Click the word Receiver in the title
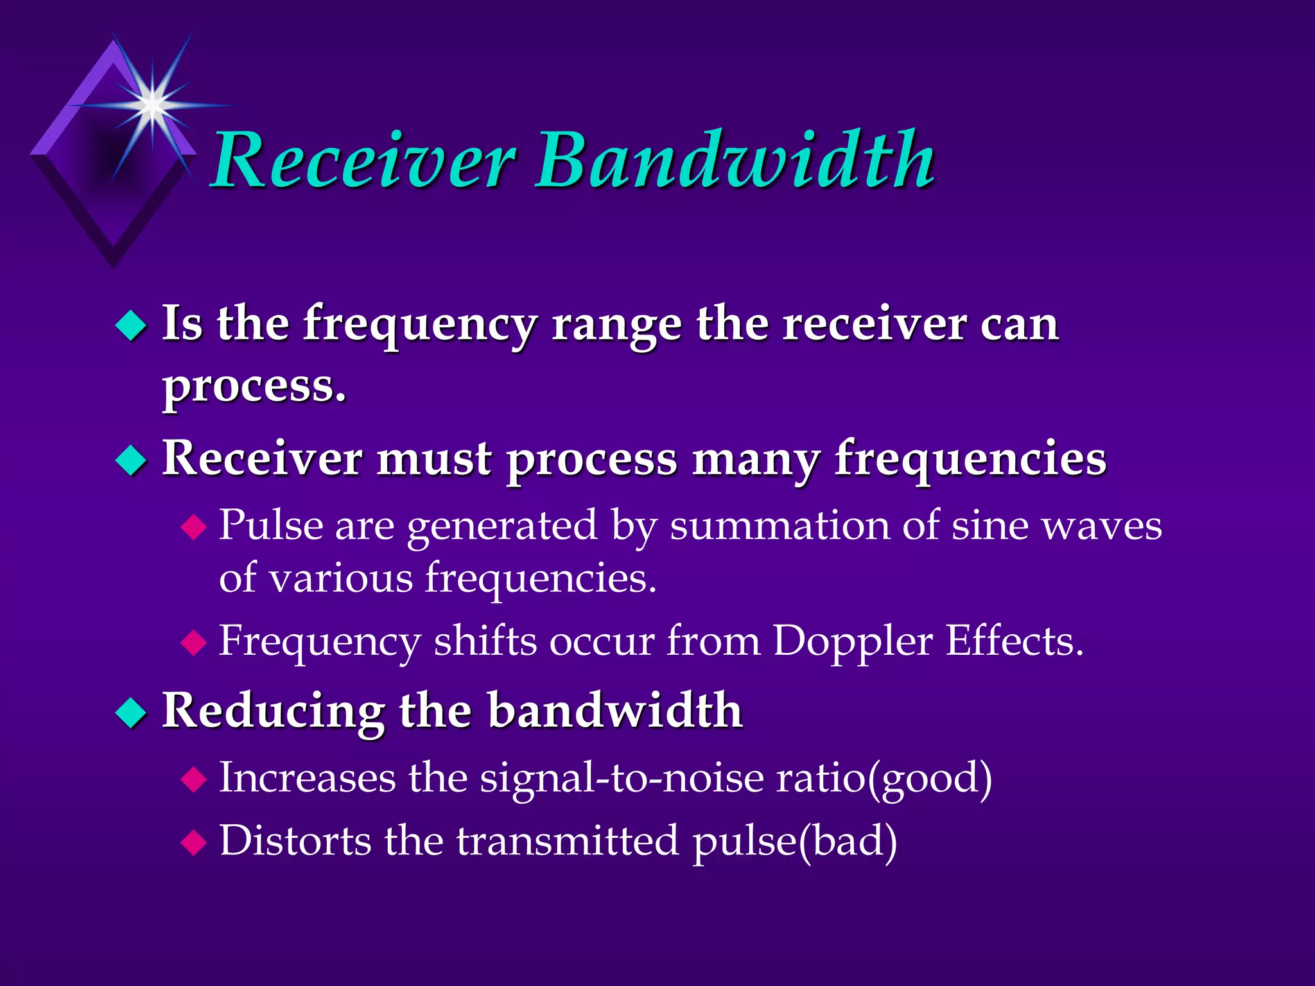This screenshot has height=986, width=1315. [x=363, y=160]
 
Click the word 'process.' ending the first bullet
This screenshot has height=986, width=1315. [x=254, y=387]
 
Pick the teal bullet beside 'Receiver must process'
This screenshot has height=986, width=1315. [x=131, y=461]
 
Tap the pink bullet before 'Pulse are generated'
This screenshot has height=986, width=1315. [x=193, y=528]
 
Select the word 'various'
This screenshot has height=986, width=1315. [x=340, y=578]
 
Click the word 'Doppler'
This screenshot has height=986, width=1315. [x=852, y=641]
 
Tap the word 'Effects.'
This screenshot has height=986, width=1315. [x=1015, y=641]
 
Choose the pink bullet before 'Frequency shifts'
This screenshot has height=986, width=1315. [x=193, y=643]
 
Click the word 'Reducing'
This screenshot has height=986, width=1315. [x=273, y=711]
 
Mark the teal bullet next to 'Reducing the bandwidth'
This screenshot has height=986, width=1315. [x=131, y=713]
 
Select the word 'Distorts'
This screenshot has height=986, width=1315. [x=295, y=841]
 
